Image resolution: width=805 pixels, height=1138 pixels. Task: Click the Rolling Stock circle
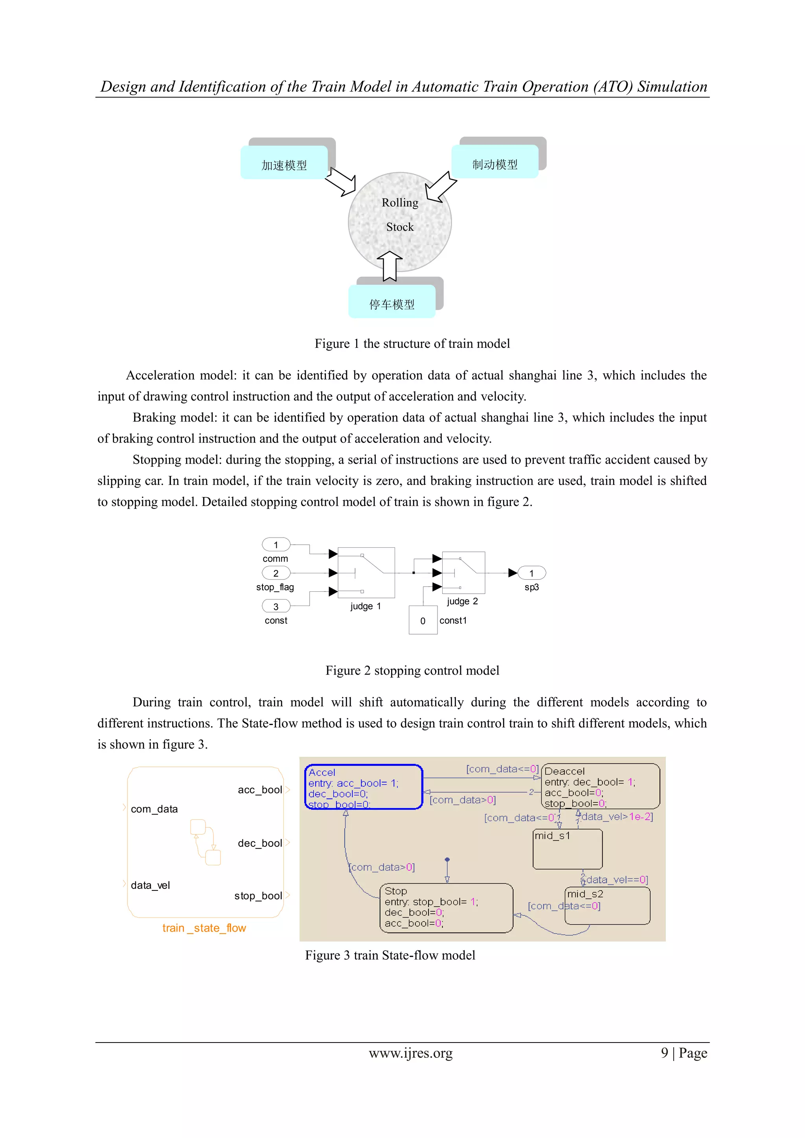pyautogui.click(x=399, y=221)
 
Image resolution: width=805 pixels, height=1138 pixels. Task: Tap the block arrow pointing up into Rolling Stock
pyautogui.click(x=390, y=266)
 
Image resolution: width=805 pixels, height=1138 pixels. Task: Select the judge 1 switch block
pyautogui.click(x=366, y=573)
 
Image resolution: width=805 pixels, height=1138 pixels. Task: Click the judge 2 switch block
pyautogui.click(x=463, y=573)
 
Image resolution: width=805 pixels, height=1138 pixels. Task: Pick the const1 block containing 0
pyautogui.click(x=423, y=620)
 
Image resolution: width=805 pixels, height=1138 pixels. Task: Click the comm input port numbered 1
pyautogui.click(x=276, y=545)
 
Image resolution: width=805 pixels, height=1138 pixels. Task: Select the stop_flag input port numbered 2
pyautogui.click(x=276, y=573)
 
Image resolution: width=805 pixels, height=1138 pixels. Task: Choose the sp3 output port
pyautogui.click(x=531, y=573)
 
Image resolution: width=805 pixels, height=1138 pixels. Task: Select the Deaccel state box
pyautogui.click(x=600, y=786)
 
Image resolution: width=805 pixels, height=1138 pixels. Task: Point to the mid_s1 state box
pyautogui.click(x=568, y=850)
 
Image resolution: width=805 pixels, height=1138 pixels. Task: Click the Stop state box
pyautogui.click(x=446, y=908)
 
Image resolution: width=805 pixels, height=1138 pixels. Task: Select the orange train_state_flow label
pyautogui.click(x=204, y=928)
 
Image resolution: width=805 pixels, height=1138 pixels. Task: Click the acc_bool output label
pyautogui.click(x=260, y=789)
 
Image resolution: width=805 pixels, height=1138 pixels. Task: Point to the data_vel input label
pyautogui.click(x=150, y=885)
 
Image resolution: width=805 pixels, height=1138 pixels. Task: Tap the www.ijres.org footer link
pyautogui.click(x=410, y=1053)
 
